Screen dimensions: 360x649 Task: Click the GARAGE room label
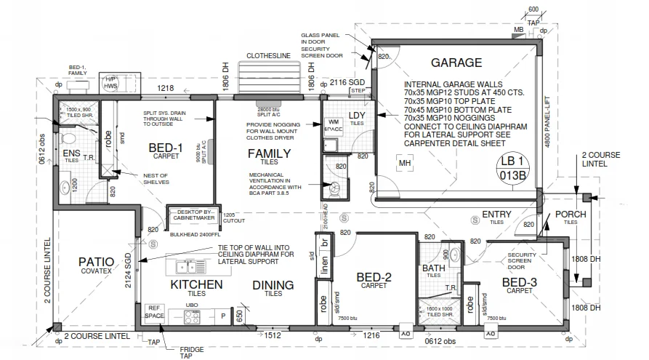(456, 63)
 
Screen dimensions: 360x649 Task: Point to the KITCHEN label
(196, 284)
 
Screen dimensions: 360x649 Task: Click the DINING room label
(273, 285)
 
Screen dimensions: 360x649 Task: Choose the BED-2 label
(374, 277)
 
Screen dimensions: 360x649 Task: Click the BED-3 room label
(520, 282)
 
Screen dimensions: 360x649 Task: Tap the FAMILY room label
(269, 153)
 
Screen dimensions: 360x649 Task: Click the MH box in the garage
(405, 164)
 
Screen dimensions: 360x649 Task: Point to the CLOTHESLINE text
(270, 55)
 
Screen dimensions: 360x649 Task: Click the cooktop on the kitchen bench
(192, 316)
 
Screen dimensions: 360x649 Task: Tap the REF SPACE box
(153, 312)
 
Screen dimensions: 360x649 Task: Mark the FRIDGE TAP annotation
(191, 353)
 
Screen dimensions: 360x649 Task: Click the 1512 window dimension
(273, 336)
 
